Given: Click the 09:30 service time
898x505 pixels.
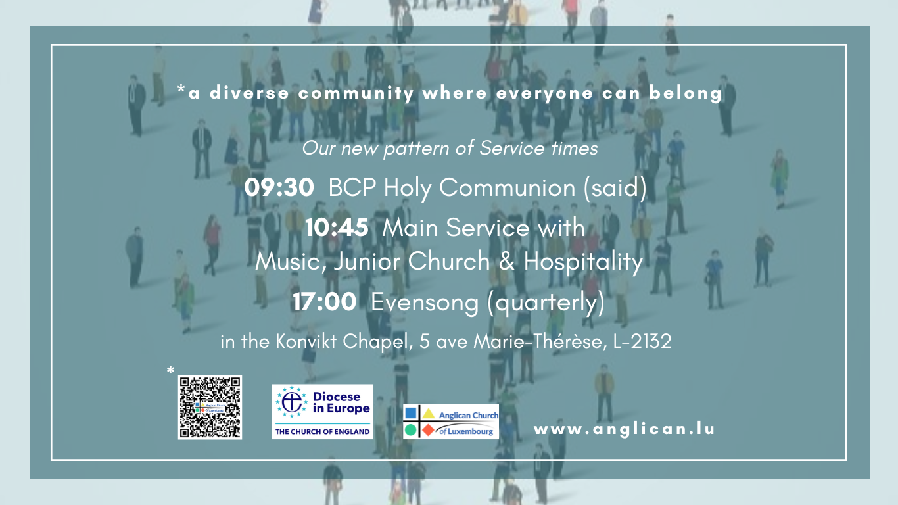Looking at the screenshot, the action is click(279, 187).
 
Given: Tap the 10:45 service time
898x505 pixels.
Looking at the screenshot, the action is click(337, 228).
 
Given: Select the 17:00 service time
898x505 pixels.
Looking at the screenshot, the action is click(324, 302).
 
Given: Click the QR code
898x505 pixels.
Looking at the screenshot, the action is click(210, 408).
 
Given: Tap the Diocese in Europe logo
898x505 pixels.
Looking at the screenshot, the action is click(322, 412).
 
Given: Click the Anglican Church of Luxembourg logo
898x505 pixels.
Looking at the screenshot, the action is click(451, 421).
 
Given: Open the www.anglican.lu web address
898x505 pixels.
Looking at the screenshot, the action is click(624, 429).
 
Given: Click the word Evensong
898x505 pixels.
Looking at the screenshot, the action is click(425, 303).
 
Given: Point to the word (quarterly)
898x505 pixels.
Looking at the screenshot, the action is click(546, 304).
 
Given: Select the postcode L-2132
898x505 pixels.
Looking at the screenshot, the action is click(642, 341).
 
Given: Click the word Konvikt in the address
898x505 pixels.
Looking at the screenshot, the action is click(306, 341).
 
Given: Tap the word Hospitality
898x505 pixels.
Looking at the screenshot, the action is click(583, 262).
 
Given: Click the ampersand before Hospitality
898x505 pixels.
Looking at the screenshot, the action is click(507, 262).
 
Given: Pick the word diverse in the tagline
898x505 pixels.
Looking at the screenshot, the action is click(249, 93).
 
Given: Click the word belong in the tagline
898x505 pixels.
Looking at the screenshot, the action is click(686, 93).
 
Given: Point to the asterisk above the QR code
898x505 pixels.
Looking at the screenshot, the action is click(171, 370).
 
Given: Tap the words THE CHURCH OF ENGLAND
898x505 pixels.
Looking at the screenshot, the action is click(322, 431).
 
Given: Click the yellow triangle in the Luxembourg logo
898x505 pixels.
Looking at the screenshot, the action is click(429, 413).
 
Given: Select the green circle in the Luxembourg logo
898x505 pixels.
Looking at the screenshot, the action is click(410, 431).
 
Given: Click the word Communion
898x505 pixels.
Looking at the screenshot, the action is click(507, 187).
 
